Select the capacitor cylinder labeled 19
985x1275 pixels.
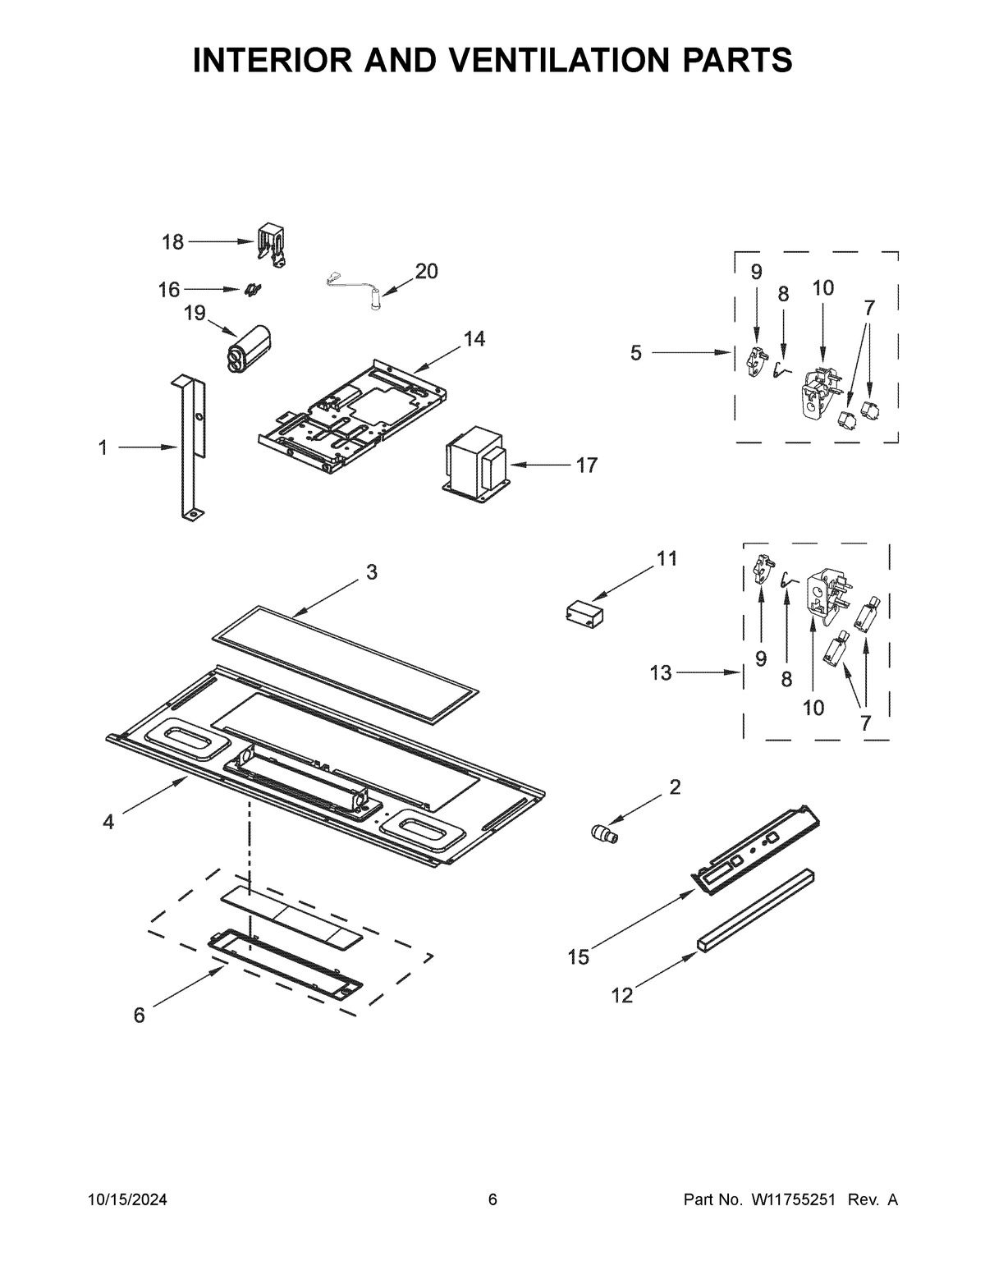click(x=249, y=351)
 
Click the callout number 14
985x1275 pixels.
click(x=474, y=338)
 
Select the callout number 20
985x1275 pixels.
click(x=426, y=271)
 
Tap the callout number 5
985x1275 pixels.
click(x=636, y=353)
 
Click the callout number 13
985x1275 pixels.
click(x=660, y=673)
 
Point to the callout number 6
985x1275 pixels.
click(x=139, y=1016)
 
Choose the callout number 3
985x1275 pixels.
click(x=371, y=572)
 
